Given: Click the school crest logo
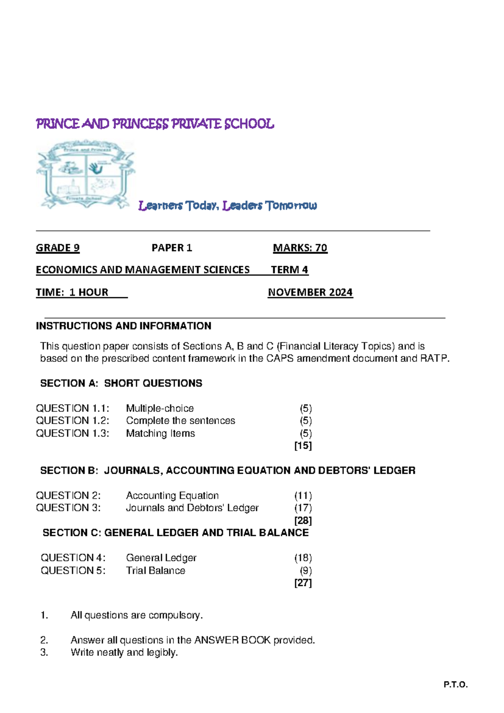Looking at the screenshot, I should pos(86,174).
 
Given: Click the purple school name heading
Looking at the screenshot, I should pos(155,124).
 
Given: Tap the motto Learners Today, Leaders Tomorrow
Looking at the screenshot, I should pos(227,206).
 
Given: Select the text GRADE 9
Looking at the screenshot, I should pos(58,248).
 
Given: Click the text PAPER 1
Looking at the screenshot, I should pos(171,248).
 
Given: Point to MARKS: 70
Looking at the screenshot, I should pos(300,248).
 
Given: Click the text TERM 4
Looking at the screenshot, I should pos(289,269).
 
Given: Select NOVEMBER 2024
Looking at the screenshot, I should pos(310,292).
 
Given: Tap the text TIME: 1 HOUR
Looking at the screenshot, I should pos(72,292).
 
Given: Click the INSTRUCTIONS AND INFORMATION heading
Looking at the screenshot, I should pos(123,326).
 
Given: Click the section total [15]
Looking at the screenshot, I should pos(303,445).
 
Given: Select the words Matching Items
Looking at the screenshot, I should pos(160,433).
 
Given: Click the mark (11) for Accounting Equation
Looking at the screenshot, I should pos(303,495).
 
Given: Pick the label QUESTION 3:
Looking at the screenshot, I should pos(68,508).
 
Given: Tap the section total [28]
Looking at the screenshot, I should pos(303,520).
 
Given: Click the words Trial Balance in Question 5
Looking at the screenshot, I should pos(155,570).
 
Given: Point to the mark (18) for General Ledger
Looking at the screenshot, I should pos(303,558).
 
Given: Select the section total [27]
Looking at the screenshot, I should pos(303,583).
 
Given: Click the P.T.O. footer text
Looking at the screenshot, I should pos(455,685).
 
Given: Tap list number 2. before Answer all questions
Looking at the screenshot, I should pos(44,640).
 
